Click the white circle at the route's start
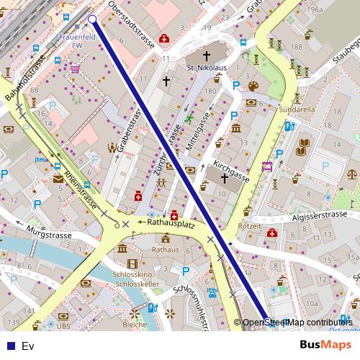click(x=92, y=19)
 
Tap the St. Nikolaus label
click(x=207, y=68)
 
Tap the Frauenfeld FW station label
click(x=77, y=40)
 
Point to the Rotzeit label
click(x=249, y=226)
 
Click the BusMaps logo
click(x=325, y=345)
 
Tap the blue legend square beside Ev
click(x=11, y=346)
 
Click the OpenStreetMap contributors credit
click(x=297, y=323)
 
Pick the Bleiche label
click(x=134, y=325)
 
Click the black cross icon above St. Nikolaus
click(x=206, y=55)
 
